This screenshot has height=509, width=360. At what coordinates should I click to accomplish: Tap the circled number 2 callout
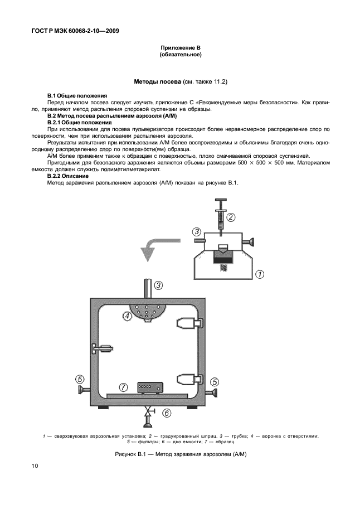tap(231, 217)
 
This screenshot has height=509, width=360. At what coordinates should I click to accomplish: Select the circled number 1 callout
tap(259, 274)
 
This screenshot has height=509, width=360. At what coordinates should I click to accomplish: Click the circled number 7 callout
tap(124, 386)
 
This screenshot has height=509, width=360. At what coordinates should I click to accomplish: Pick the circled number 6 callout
tap(167, 413)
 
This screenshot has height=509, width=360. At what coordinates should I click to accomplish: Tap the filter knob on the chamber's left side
tap(83, 389)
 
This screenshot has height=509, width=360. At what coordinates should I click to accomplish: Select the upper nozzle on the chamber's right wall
tap(187, 323)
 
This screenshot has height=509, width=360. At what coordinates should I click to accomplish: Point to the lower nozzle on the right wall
tap(187, 379)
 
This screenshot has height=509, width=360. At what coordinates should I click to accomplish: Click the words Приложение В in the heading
tap(180, 49)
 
